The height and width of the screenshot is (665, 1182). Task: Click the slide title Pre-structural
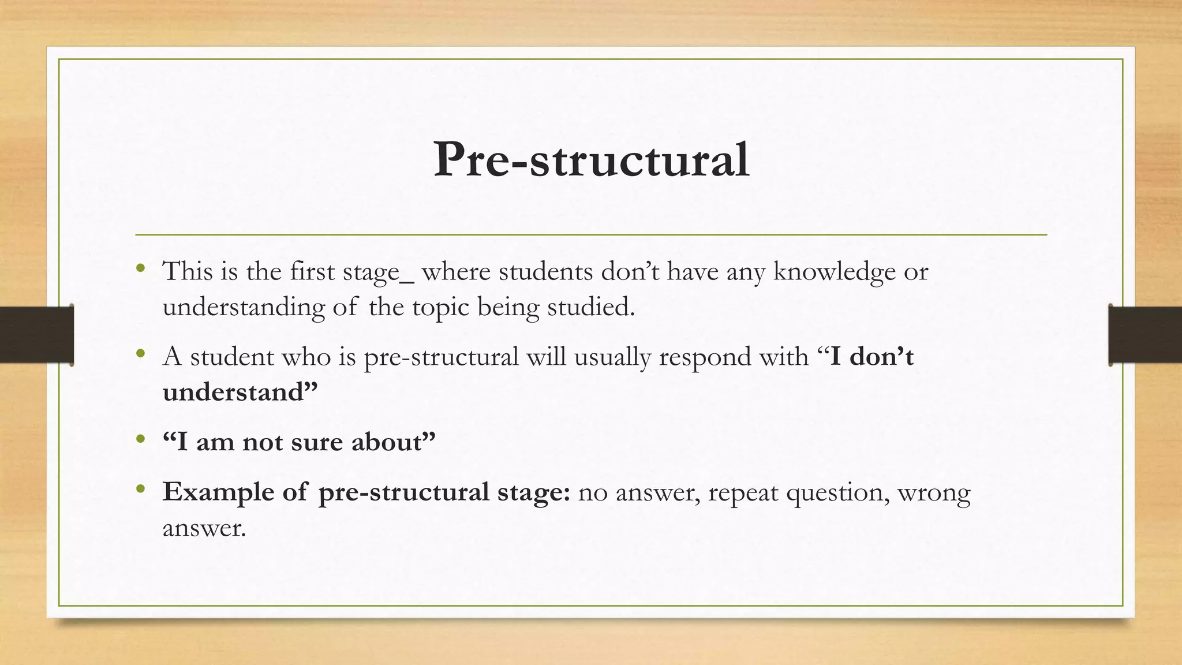pyautogui.click(x=591, y=160)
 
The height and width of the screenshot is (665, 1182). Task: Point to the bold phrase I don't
pyautogui.click(x=871, y=357)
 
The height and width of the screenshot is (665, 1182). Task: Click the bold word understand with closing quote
pyautogui.click(x=240, y=392)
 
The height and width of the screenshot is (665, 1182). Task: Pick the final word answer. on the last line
pyautogui.click(x=204, y=528)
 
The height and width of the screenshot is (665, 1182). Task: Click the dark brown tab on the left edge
pyautogui.click(x=36, y=335)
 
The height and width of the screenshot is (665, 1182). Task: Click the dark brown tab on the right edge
pyautogui.click(x=1145, y=335)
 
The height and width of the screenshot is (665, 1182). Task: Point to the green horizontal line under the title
pyautogui.click(x=591, y=235)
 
